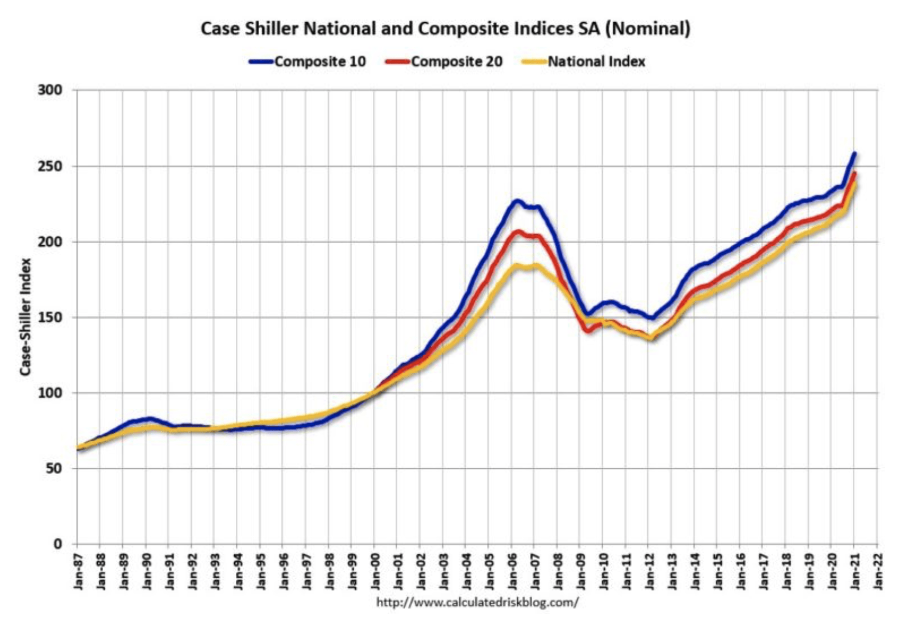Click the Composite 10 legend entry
tap(307, 62)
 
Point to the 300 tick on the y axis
tap(50, 90)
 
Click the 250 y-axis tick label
tap(50, 166)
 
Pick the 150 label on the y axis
tap(50, 318)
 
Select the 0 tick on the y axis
tap(58, 544)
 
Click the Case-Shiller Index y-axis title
tap(25, 317)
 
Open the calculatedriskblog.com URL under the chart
tap(477, 602)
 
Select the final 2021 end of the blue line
tap(854, 154)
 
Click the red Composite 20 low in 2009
tap(587, 331)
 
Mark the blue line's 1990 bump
tap(150, 419)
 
